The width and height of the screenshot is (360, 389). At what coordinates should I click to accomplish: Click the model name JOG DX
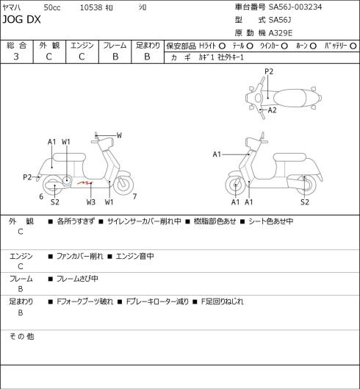point(21,20)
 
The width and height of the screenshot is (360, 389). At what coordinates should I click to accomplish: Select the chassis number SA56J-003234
point(295,7)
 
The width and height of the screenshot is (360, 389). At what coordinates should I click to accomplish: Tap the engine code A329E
point(281,33)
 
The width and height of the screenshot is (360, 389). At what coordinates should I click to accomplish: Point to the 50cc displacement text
point(52,7)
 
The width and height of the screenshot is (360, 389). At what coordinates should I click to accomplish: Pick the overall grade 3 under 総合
point(16,57)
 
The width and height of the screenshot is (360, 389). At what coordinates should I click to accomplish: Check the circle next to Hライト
point(222,46)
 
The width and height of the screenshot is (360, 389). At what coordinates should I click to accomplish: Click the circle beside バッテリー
point(353,46)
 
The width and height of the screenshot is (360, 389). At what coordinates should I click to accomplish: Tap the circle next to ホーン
point(313,46)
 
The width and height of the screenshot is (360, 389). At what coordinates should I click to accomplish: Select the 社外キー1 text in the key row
point(231,57)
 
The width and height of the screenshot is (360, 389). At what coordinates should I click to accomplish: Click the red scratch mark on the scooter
point(84,183)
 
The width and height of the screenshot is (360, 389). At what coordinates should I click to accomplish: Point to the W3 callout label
point(91,202)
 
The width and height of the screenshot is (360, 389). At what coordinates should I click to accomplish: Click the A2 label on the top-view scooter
point(273,110)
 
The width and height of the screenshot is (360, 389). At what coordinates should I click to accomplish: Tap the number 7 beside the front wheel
point(134,196)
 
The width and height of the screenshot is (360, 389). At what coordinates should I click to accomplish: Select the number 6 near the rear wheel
point(41,196)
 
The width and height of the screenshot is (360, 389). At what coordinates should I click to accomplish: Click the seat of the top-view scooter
point(289,98)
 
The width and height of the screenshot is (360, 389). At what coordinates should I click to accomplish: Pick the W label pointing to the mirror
point(119,135)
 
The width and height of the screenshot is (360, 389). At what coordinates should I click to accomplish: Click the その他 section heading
point(21,336)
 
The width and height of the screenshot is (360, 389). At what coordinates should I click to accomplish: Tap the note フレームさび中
point(77,279)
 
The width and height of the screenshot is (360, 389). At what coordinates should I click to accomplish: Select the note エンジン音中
point(135,256)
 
